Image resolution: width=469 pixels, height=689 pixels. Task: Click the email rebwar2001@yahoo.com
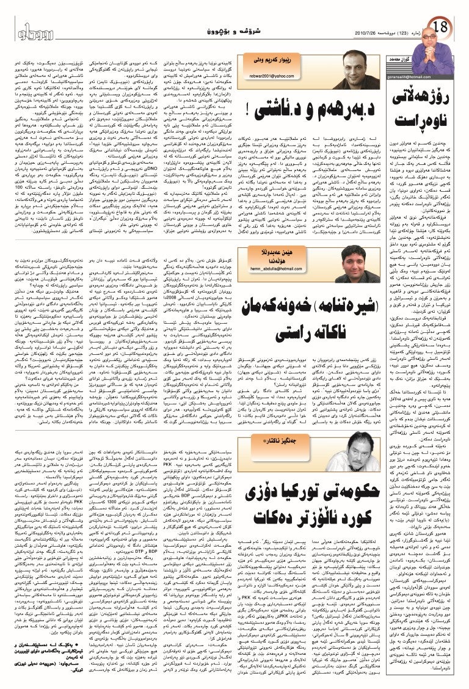coord(267,75)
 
